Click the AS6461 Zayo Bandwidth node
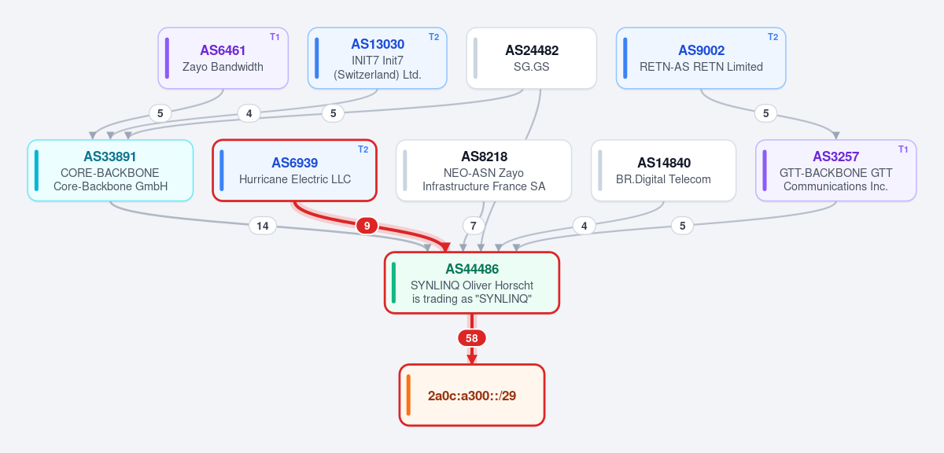point(223,58)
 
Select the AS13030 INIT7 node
point(377,58)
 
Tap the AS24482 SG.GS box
point(532,58)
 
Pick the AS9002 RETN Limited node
point(701,58)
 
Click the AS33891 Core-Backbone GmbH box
point(110,171)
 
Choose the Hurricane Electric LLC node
point(294,171)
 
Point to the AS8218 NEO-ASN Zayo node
point(484,171)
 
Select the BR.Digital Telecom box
point(663,171)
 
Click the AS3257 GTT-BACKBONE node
point(836,171)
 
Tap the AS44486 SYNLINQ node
point(472,283)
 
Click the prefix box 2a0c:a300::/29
point(472,396)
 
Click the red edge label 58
point(472,338)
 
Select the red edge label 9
point(367,226)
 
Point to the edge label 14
point(263,226)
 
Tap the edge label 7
point(474,226)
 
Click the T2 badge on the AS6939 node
point(363,149)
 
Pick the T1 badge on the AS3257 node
point(903,149)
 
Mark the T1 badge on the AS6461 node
point(275,37)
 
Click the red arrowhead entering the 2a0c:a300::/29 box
point(472,359)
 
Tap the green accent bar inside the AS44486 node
point(393,283)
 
